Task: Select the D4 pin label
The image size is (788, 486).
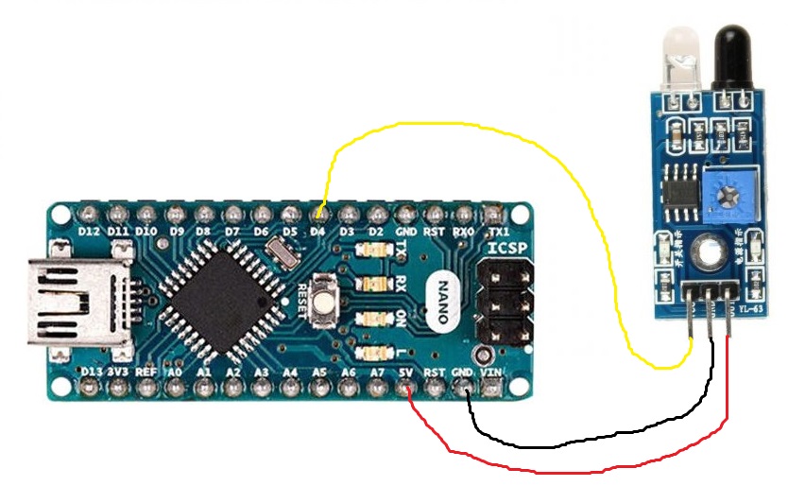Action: pyautogui.click(x=318, y=230)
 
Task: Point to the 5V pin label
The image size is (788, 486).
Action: pyautogui.click(x=406, y=373)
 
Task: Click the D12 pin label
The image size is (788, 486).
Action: pyautogui.click(x=90, y=230)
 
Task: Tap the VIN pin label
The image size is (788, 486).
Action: pyautogui.click(x=491, y=373)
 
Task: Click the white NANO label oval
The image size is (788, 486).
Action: pyautogui.click(x=445, y=301)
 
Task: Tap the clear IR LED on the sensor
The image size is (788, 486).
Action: pyautogui.click(x=680, y=59)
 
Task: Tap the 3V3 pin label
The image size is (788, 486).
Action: pyautogui.click(x=119, y=373)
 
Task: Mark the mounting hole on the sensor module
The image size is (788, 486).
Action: pyautogui.click(x=711, y=252)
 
